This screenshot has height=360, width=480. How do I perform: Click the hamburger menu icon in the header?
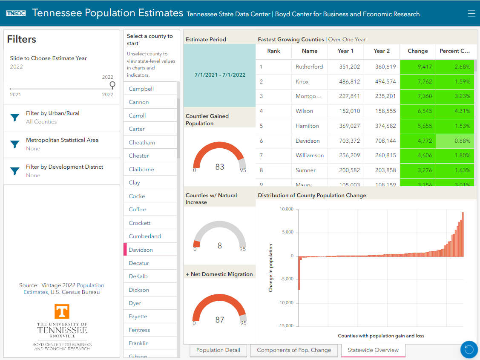(x=471, y=14)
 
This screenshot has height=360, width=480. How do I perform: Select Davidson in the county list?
(x=141, y=250)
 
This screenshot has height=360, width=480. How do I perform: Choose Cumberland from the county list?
(x=145, y=236)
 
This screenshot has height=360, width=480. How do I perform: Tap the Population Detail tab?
(x=218, y=350)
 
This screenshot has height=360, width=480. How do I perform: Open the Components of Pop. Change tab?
(x=294, y=350)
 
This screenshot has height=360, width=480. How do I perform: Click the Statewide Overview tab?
(x=373, y=350)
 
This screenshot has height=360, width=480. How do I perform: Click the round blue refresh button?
(x=469, y=350)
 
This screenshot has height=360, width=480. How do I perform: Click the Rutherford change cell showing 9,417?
(x=418, y=66)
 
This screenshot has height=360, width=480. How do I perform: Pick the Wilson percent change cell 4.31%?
(x=455, y=111)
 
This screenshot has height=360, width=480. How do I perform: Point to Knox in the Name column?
(x=302, y=81)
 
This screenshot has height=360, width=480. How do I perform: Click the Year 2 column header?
(x=382, y=51)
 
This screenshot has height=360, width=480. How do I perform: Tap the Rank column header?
(x=273, y=51)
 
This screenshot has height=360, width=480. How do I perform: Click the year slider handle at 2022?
(x=112, y=84)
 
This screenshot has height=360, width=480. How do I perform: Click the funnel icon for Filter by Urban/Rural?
(x=15, y=118)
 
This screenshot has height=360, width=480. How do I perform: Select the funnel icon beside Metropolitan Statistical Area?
(x=15, y=144)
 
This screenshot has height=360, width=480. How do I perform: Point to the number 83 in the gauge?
(x=220, y=167)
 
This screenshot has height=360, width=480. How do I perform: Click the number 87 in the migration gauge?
(x=220, y=320)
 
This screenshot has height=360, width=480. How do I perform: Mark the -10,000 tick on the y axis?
(x=286, y=303)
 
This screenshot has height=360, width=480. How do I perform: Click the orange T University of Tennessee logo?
(x=62, y=311)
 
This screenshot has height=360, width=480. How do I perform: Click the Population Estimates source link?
(x=90, y=285)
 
